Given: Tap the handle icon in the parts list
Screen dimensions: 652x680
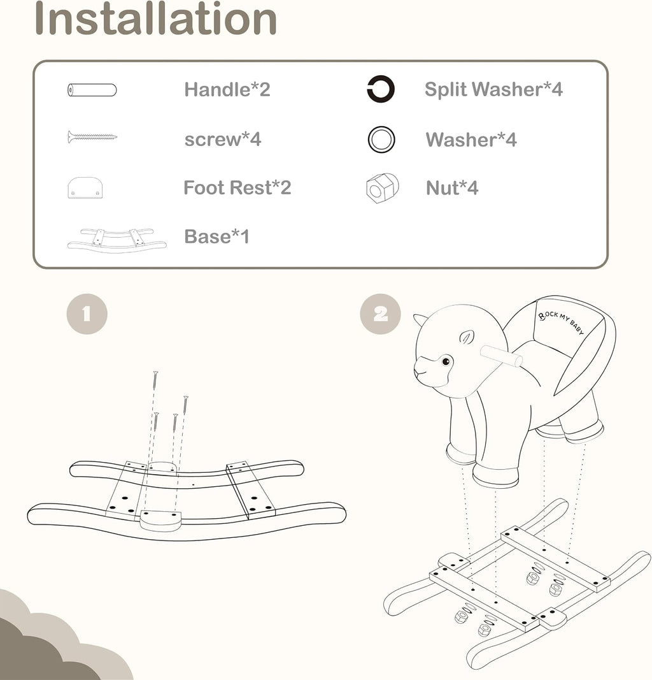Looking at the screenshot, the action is tap(92, 90).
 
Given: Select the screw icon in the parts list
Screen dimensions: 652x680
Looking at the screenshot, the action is tap(92, 137).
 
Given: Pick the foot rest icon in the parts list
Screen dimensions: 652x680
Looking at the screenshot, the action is tap(85, 188).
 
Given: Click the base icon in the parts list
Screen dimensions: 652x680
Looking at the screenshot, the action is tap(117, 240).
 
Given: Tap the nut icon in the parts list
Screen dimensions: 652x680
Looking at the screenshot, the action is tap(382, 188).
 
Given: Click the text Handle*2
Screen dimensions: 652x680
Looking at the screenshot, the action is tap(227, 90).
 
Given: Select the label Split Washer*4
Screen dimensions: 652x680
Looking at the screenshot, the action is tap(493, 89).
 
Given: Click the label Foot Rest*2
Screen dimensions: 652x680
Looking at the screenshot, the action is tap(237, 188).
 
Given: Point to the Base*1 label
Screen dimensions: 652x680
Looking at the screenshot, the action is tap(216, 237).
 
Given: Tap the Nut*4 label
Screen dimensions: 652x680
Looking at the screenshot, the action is tap(452, 188).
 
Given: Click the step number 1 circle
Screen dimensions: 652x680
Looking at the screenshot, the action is tap(87, 314).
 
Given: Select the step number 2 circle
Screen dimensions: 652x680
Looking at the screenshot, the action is tap(380, 314).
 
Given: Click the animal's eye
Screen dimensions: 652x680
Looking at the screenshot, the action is tap(446, 361).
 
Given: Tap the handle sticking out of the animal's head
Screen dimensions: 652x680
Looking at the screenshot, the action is tap(502, 356).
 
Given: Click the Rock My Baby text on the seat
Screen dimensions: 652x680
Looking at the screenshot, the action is tap(561, 322).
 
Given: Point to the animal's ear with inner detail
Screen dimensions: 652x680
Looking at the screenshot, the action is tap(467, 337).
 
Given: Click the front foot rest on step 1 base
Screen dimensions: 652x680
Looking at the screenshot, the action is tap(160, 521).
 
